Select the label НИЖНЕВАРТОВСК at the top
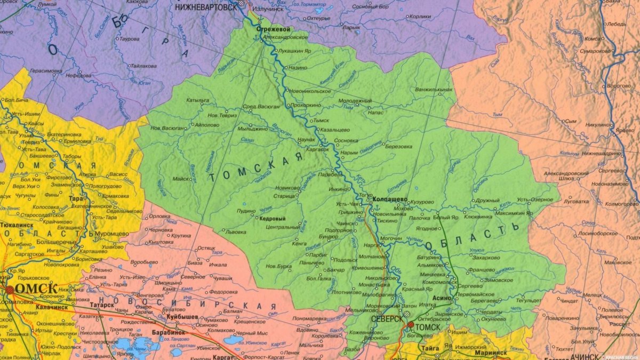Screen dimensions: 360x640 click(x=206, y=7)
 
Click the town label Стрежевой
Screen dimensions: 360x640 click(x=273, y=29)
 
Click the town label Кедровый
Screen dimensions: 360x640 click(x=272, y=219)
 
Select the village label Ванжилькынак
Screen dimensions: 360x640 click(x=434, y=89)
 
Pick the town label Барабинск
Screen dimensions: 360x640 click(x=171, y=332)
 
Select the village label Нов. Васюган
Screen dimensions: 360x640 click(x=168, y=128)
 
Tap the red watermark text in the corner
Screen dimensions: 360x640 click(x=620, y=356)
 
